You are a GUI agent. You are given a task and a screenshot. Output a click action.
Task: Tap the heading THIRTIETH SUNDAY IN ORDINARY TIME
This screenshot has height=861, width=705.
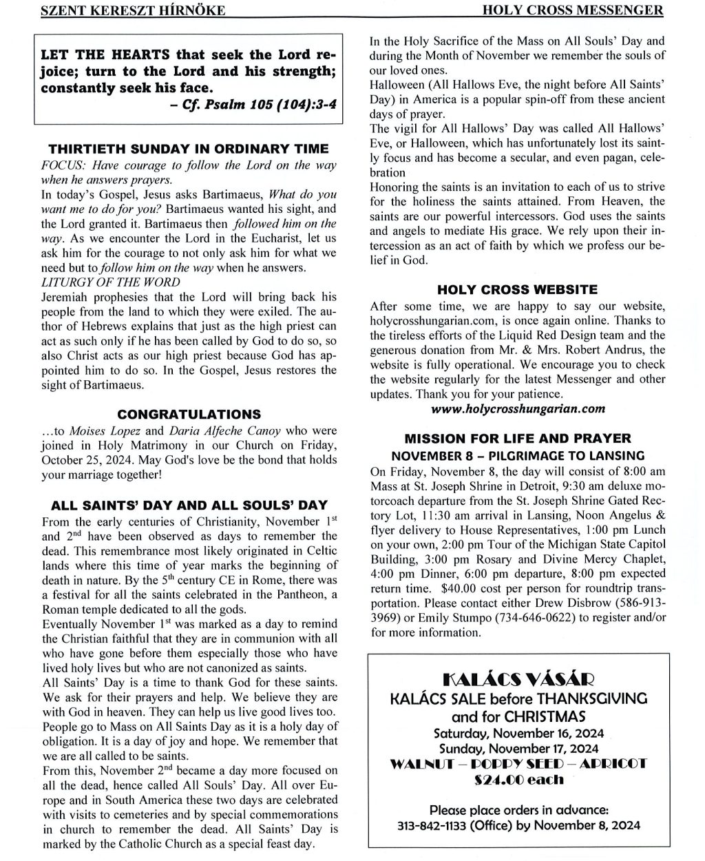[x=189, y=149]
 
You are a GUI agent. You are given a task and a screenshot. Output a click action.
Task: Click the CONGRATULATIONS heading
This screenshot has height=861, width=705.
[x=189, y=414]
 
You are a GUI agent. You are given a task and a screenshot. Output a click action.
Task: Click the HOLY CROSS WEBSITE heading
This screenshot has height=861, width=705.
[x=518, y=289]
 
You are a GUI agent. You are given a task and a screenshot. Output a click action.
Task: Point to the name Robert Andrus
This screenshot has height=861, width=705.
[x=607, y=350]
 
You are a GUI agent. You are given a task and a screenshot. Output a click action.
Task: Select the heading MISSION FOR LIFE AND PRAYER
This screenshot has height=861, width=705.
[x=518, y=439]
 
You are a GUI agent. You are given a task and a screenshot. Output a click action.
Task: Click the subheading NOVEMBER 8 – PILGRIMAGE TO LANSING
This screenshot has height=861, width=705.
[x=518, y=455]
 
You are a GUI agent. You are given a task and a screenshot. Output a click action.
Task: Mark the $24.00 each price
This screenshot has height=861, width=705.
[x=518, y=780]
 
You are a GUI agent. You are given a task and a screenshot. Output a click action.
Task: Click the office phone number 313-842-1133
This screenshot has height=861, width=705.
[x=435, y=825]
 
